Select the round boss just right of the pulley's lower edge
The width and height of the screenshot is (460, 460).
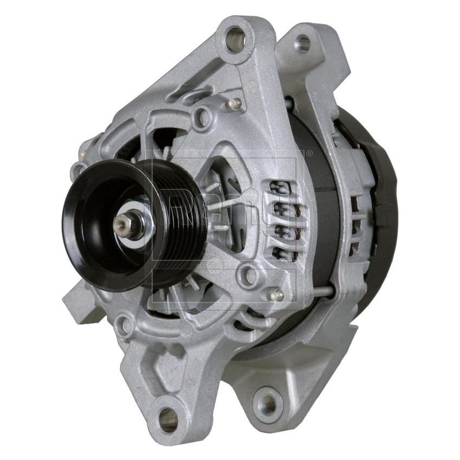coord(248,275)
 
